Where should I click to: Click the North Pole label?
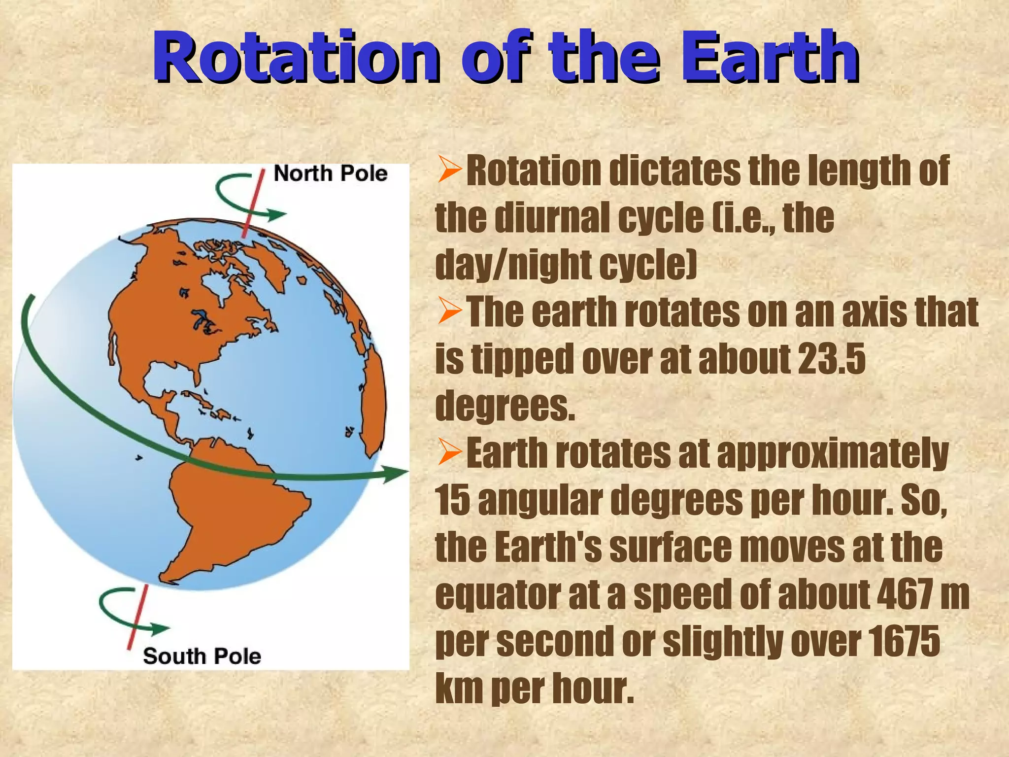point(330,173)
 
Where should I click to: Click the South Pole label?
point(202,656)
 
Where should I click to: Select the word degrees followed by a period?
point(505,406)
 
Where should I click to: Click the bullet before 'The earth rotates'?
point(449,312)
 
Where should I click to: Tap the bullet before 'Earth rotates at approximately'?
point(449,452)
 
